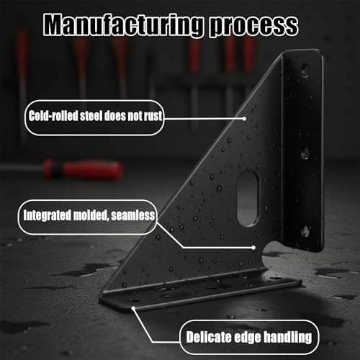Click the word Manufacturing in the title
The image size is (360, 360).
[x=124, y=24]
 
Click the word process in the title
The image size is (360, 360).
[x=254, y=27]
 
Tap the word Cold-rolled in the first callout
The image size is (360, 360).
[x=53, y=116]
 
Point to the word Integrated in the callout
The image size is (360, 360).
[x=47, y=215]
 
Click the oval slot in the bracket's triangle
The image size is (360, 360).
[x=248, y=199]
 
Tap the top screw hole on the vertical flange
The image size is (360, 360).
[x=305, y=71]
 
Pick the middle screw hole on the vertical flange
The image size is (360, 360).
[x=305, y=153]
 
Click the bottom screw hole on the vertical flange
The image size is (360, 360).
[x=305, y=231]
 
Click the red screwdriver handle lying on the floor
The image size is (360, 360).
[x=82, y=170]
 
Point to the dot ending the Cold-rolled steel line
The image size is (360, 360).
[x=244, y=119]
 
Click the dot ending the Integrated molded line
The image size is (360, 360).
[x=253, y=248]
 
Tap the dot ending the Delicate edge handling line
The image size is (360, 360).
[x=133, y=308]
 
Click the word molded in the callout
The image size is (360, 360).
[x=91, y=215]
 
